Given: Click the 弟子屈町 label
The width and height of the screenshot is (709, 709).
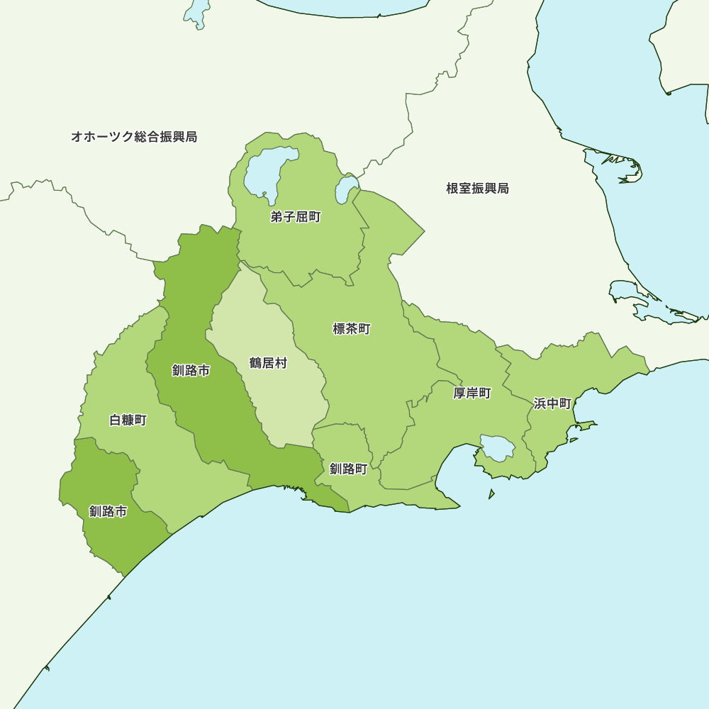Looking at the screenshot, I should [296, 217].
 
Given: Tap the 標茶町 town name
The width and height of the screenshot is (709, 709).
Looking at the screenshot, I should [352, 329].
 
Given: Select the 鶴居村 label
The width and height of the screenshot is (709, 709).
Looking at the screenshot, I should [268, 363].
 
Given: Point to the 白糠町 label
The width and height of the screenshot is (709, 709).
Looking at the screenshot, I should [128, 420].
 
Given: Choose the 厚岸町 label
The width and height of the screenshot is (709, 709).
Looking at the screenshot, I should [472, 393].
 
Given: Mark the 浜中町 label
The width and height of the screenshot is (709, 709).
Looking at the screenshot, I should [552, 403].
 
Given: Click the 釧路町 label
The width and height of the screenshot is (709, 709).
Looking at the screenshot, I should [348, 469].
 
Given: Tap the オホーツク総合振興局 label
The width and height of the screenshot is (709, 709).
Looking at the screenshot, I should [134, 137].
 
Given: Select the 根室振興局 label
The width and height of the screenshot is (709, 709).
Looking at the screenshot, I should [477, 189].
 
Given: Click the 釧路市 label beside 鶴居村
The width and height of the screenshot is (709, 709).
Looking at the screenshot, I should [191, 370].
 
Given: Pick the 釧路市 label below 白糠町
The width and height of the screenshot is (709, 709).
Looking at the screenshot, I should [108, 511].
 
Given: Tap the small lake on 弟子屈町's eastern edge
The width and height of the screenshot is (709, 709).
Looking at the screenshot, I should [346, 190].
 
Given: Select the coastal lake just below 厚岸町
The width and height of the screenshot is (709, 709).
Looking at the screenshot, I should [497, 448].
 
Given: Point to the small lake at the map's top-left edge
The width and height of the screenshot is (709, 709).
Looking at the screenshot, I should [196, 13].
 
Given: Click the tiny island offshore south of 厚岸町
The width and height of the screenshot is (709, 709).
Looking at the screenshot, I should [491, 494].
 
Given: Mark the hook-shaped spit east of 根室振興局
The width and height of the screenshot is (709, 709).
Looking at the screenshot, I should [624, 167].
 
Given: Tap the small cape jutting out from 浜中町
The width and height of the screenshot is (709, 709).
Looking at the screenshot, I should [586, 425].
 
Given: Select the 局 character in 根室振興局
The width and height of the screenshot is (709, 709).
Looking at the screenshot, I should [503, 189].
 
